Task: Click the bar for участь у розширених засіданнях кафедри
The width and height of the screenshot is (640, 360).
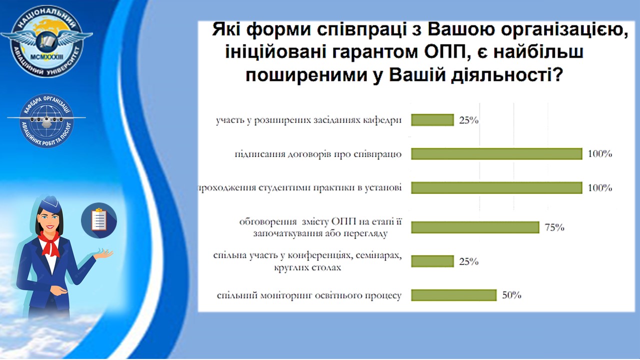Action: pos(432,120)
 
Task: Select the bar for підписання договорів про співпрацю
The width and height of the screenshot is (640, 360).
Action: pos(497,153)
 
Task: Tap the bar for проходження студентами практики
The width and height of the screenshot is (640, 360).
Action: pos(497,187)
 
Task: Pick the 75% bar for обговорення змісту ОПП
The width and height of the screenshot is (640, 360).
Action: pos(475,227)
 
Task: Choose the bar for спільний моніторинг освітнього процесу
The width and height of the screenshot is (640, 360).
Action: pos(454,295)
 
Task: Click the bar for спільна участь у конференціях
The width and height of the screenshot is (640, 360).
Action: pos(432,261)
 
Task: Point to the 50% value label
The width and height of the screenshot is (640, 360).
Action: pos(511,295)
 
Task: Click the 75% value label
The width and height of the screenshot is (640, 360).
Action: pos(554,227)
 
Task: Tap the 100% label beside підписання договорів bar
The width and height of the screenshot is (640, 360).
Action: pos(600,153)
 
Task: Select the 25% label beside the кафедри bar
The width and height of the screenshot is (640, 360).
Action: pos(469,120)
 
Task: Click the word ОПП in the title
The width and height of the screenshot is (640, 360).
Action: pos(445,52)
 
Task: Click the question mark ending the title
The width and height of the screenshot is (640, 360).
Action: pos(557,74)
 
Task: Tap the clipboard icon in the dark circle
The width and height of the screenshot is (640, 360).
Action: pos(99,220)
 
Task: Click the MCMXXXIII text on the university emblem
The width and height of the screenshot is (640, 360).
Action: pos(46,57)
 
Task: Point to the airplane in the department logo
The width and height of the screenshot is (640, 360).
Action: pos(46,119)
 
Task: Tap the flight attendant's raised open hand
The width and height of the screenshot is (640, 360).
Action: pos(103,253)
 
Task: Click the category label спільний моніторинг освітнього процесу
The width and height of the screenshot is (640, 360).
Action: pos(309,295)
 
